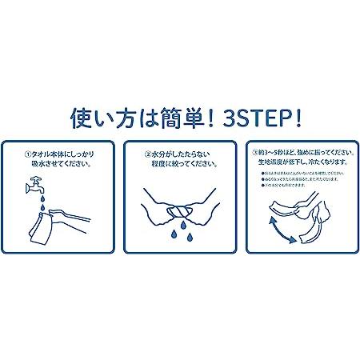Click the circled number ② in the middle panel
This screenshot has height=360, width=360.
click(x=148, y=151)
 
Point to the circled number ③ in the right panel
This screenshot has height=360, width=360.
click(x=254, y=150)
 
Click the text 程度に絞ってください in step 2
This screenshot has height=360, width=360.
click(x=186, y=163)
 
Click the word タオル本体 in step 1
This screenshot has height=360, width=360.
click(x=47, y=151)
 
